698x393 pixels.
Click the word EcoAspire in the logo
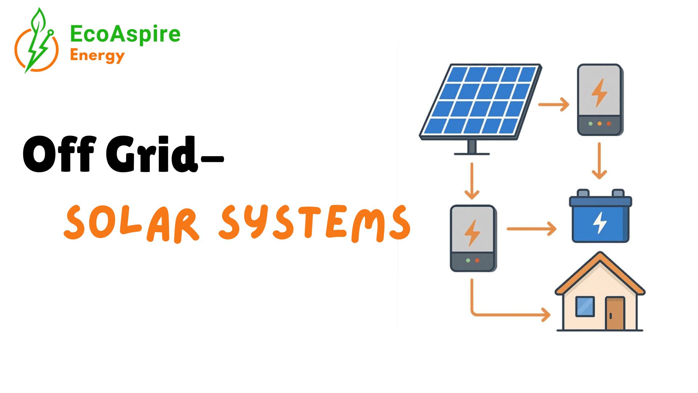(125, 35)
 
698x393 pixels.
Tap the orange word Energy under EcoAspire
(97, 56)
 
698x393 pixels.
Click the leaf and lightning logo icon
(36, 42)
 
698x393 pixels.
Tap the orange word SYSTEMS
(314, 223)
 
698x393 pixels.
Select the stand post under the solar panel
(472, 147)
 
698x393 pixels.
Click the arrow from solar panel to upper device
(554, 104)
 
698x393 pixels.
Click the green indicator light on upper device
(590, 124)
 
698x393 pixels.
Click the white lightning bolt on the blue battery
(600, 222)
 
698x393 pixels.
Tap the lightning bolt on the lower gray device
(472, 233)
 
